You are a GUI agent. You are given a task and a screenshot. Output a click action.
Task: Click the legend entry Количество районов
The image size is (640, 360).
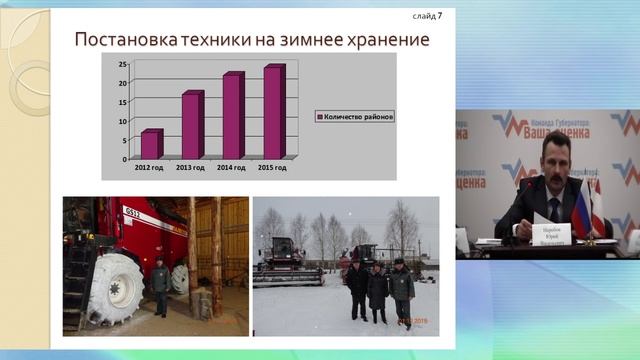click(x=355, y=116)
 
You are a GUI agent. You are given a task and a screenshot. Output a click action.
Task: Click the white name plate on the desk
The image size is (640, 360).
click(x=551, y=233)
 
